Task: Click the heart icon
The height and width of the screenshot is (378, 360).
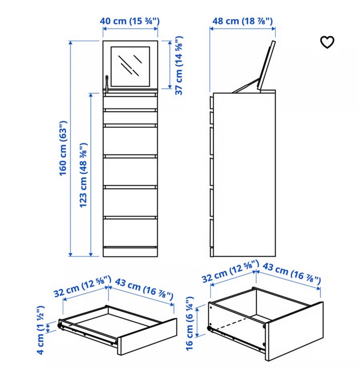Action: coord(327,42)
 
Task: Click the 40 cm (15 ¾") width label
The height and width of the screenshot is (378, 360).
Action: coord(130,21)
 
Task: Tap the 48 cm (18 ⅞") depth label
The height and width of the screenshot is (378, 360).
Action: coord(243,21)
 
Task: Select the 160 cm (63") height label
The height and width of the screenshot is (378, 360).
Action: coord(63,148)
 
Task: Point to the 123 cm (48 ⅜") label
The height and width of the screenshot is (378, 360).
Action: coord(83,175)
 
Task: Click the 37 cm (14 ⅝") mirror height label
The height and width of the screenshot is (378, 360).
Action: coord(178,66)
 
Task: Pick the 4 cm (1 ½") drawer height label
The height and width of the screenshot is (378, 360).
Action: coord(40,330)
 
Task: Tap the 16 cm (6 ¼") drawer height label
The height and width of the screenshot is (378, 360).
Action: coord(189,323)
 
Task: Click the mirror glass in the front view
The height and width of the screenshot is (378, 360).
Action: coord(130,66)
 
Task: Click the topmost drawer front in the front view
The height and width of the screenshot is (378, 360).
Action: coord(130,102)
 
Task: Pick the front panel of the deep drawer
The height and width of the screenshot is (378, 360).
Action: coord(294,331)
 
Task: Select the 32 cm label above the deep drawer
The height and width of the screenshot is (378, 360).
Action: coord(230,271)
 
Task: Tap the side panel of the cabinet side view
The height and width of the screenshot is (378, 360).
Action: coord(244,175)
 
